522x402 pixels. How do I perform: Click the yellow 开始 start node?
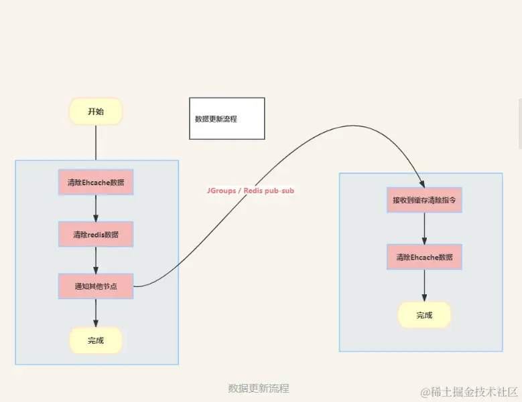click(x=96, y=112)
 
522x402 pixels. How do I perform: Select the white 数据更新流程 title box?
click(x=226, y=118)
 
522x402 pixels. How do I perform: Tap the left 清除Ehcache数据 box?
click(x=96, y=182)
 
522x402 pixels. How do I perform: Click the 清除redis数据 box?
click(x=96, y=234)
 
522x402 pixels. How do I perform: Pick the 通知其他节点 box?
click(x=96, y=286)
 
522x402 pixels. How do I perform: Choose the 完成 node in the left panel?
click(x=96, y=340)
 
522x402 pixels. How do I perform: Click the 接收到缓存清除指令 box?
click(x=424, y=199)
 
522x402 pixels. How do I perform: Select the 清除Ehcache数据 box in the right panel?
click(x=424, y=257)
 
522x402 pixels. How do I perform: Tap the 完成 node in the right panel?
click(x=424, y=315)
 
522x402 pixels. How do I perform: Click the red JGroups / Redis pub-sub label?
click(x=250, y=191)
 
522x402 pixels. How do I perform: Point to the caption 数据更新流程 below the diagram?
click(x=259, y=388)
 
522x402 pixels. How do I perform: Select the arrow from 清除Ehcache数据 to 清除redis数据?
click(x=96, y=208)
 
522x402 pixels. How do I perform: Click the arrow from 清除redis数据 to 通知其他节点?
click(x=96, y=260)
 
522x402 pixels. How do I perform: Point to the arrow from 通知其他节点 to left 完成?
click(x=96, y=312)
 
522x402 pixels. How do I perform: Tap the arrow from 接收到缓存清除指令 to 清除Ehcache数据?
click(x=424, y=228)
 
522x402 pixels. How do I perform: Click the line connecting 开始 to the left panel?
click(x=96, y=142)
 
